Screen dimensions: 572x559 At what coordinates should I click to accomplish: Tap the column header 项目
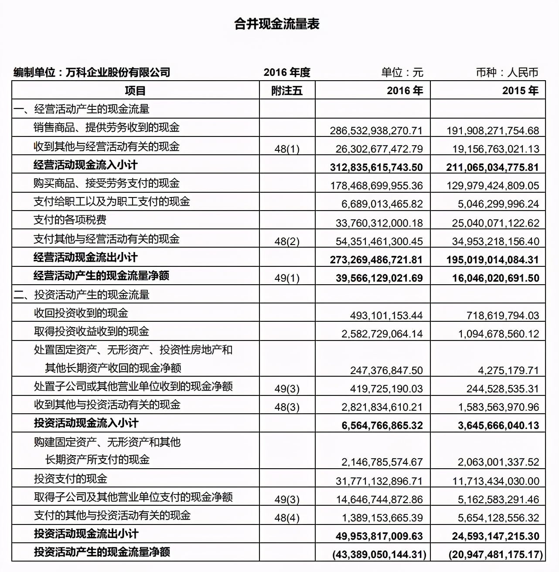coord(135,91)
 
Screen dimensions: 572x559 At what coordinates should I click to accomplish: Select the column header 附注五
coord(286,91)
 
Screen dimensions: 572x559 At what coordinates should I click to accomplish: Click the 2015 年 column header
coord(520,91)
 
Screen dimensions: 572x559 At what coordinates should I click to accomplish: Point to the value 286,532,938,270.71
coord(376,130)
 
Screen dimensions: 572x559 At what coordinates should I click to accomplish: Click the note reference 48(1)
coord(287,149)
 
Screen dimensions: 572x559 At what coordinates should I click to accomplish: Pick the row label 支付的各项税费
coord(70,220)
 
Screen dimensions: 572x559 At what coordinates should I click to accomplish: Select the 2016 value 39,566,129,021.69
coord(379,278)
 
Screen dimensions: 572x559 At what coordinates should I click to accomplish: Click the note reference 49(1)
coord(287,278)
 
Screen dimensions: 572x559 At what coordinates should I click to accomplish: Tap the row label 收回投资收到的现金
coord(81,313)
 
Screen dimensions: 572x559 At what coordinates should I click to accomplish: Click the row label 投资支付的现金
coord(71,479)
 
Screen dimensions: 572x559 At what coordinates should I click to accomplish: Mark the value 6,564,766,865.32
coord(382,425)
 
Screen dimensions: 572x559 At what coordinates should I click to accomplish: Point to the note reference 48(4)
coord(287,518)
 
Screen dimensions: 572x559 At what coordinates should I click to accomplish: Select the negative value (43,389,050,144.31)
coord(378,554)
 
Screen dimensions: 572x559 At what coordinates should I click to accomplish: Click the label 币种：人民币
coord(507,72)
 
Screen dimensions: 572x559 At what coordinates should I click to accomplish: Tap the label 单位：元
coord(402,72)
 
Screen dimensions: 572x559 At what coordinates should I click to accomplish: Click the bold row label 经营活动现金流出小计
coord(85,257)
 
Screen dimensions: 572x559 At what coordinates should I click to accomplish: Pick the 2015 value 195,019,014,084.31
coord(493,259)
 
